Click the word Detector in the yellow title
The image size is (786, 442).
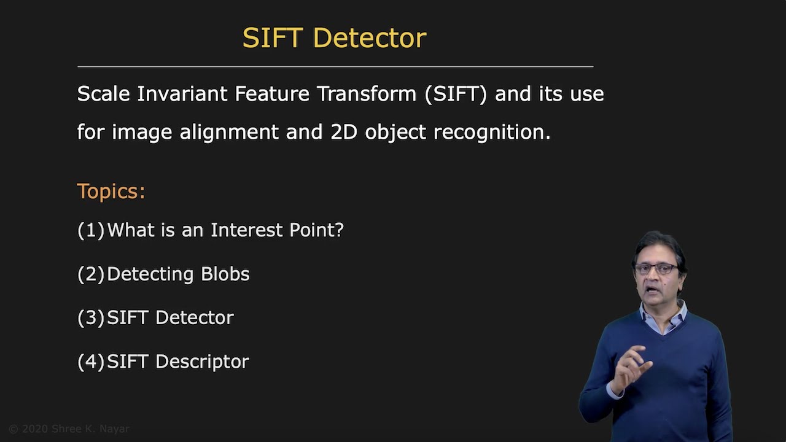pyautogui.click(x=369, y=38)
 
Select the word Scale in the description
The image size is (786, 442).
pyautogui.click(x=103, y=94)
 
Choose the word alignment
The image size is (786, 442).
pyautogui.click(x=230, y=132)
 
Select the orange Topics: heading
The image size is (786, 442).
pyautogui.click(x=111, y=192)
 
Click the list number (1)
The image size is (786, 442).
pyautogui.click(x=91, y=230)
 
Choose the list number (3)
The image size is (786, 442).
pyautogui.click(x=91, y=318)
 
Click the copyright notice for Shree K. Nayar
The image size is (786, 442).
pyautogui.click(x=69, y=429)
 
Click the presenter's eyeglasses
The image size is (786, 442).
pyautogui.click(x=656, y=269)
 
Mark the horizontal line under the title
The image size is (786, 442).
pyautogui.click(x=335, y=66)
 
